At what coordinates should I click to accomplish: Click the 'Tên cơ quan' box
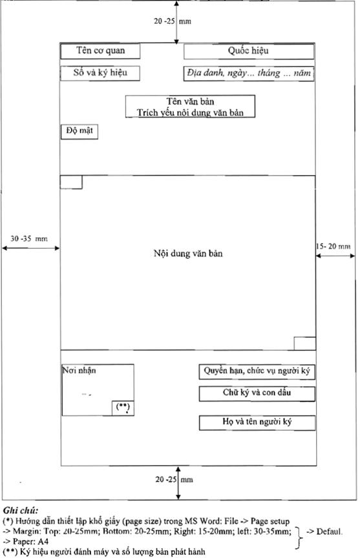click(x=100, y=51)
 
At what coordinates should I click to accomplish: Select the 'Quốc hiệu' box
click(x=249, y=51)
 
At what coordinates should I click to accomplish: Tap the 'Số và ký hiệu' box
click(x=100, y=74)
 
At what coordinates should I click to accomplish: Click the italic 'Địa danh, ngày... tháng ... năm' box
click(x=249, y=74)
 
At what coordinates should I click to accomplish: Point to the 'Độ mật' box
click(x=79, y=132)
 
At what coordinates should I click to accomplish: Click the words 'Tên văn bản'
click(x=190, y=101)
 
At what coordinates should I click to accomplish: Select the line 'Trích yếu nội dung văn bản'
click(x=190, y=112)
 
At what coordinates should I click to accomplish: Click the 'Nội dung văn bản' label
click(x=188, y=253)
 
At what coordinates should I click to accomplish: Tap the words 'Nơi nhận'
click(x=79, y=371)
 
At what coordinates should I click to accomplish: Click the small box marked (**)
click(x=123, y=408)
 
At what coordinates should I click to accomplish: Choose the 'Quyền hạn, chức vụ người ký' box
click(x=257, y=371)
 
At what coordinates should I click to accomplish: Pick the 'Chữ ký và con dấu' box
click(x=257, y=393)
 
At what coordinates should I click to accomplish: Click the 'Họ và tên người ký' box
click(x=257, y=423)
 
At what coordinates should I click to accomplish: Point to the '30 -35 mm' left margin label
click(x=29, y=238)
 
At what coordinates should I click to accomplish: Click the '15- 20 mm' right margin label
click(x=334, y=246)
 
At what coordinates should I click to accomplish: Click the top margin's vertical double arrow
click(x=176, y=22)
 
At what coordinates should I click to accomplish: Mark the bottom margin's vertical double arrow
click(x=178, y=482)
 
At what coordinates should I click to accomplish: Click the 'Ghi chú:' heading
click(x=21, y=511)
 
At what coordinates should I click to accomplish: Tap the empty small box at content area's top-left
click(x=71, y=182)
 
